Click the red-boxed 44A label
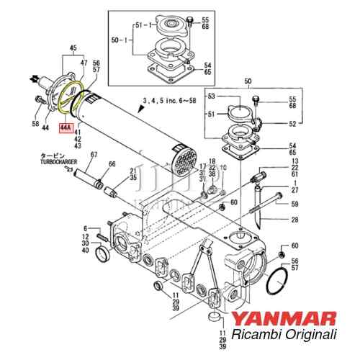pos(66,127)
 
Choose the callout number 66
pos(111,165)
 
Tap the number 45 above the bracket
pos(71,49)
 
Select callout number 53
pos(211,96)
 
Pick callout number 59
pos(294,203)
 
